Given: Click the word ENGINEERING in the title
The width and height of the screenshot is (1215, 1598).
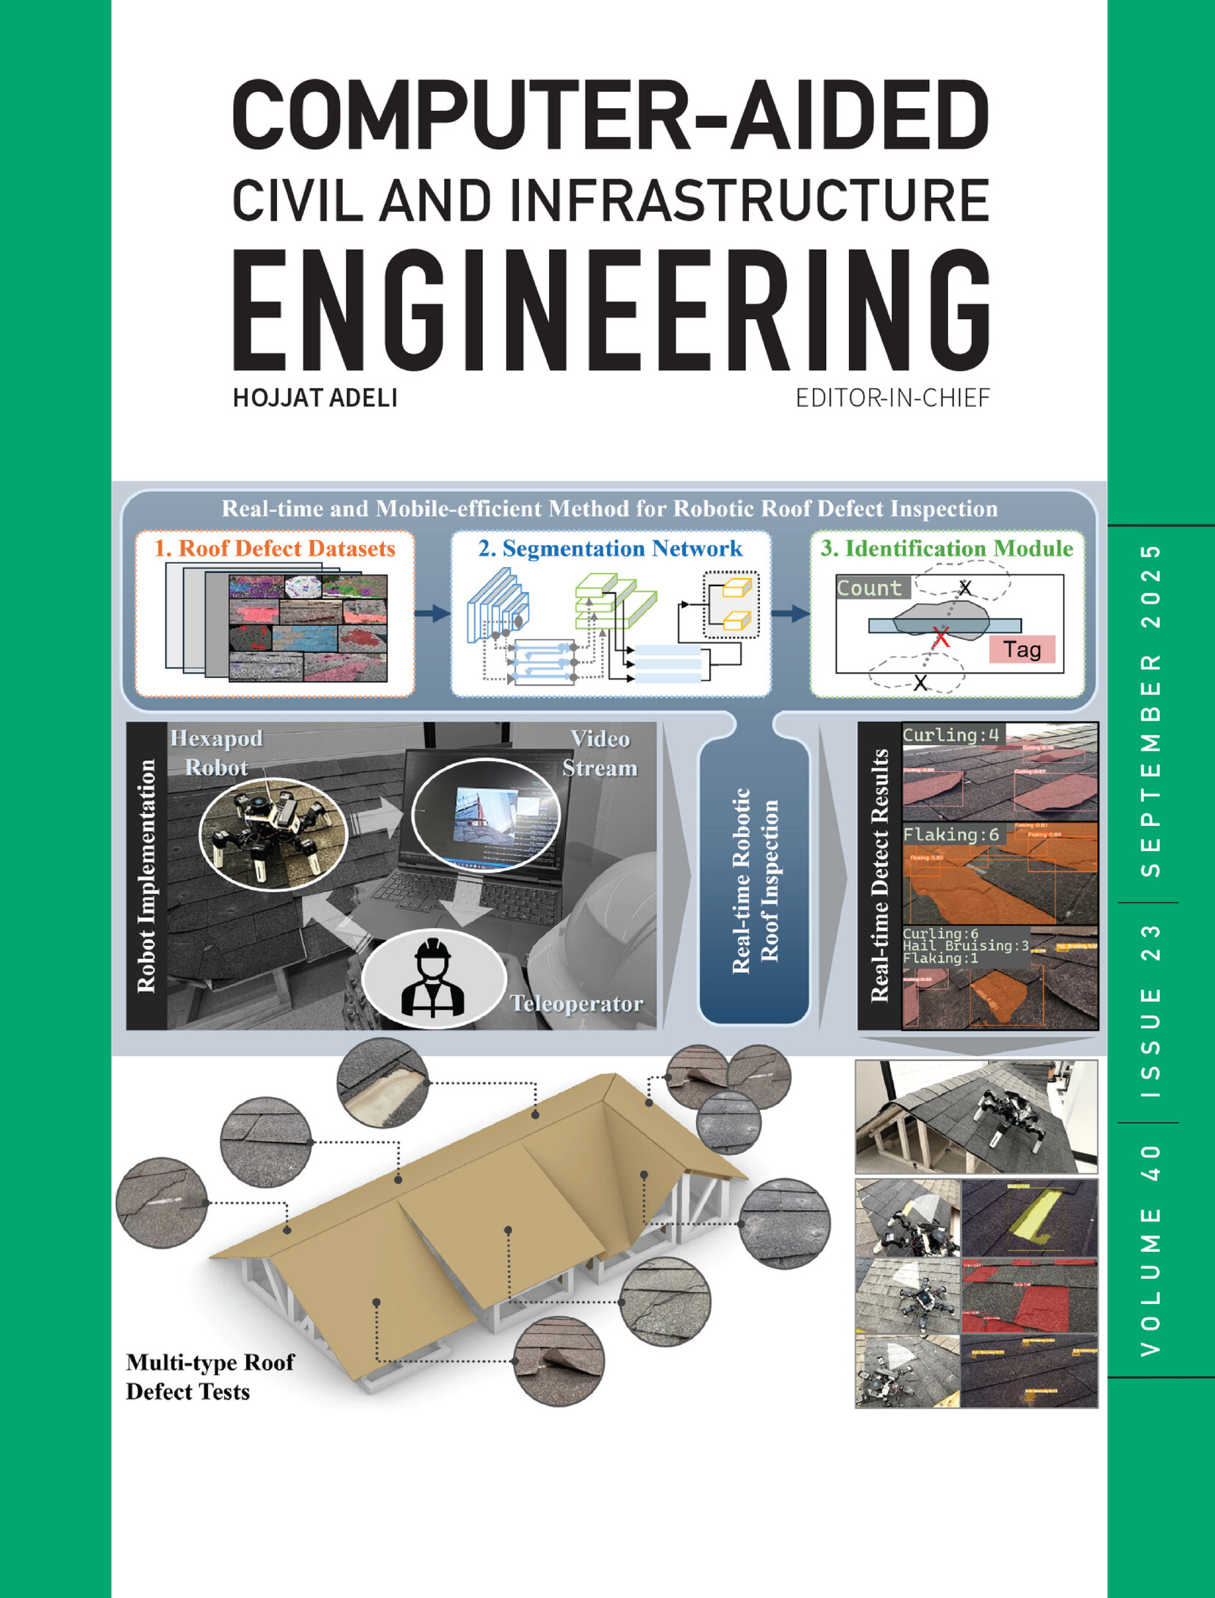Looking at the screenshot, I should pyautogui.click(x=610, y=310).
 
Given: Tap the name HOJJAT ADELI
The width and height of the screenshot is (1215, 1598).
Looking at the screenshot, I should pyautogui.click(x=315, y=398).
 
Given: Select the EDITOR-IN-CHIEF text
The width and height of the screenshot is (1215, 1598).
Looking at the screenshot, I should pyautogui.click(x=892, y=398).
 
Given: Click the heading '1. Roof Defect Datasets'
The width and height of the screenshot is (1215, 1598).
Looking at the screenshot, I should pyautogui.click(x=274, y=549).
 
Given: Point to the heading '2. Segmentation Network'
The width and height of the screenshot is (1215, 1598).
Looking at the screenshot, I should pyautogui.click(x=610, y=549).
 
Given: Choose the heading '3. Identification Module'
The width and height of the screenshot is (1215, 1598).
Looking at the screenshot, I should pyautogui.click(x=947, y=549).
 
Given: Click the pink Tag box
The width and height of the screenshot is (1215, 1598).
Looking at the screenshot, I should pyautogui.click(x=1022, y=649).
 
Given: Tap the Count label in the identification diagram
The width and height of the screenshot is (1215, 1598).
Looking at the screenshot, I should pyautogui.click(x=870, y=588).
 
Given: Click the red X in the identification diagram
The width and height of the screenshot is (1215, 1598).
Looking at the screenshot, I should pyautogui.click(x=940, y=636).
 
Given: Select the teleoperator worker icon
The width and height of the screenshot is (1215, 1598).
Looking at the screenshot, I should pyautogui.click(x=433, y=977).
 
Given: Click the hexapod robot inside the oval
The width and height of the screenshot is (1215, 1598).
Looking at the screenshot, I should pyautogui.click(x=272, y=832).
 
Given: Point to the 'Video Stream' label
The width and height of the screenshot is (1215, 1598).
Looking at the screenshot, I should pyautogui.click(x=600, y=752).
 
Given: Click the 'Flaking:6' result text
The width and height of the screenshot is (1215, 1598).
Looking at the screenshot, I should pyautogui.click(x=950, y=834).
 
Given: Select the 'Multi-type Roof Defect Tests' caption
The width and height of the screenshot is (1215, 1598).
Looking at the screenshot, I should pyautogui.click(x=209, y=1377).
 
